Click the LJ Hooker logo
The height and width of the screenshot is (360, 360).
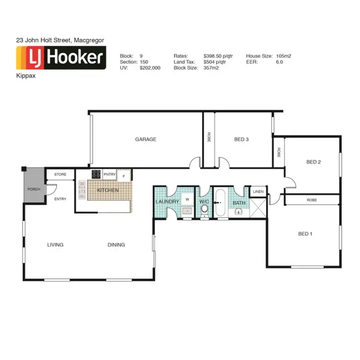(x=61, y=58)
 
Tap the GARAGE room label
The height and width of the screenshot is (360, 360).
(x=145, y=140)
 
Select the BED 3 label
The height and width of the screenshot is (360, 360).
(x=241, y=140)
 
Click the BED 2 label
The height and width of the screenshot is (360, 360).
(x=313, y=162)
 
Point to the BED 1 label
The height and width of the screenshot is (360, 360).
(x=305, y=234)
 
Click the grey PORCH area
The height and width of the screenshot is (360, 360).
(x=34, y=189)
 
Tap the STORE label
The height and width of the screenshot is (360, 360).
(x=60, y=174)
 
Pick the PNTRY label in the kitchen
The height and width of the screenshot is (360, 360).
(x=109, y=174)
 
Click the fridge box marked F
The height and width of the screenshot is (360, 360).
(x=124, y=177)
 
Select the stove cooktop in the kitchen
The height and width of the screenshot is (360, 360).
(x=96, y=174)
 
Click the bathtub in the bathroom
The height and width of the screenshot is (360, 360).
(x=221, y=203)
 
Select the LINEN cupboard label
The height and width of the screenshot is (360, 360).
(x=258, y=192)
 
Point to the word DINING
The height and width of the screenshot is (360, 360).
(x=116, y=245)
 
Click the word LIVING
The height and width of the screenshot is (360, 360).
(x=55, y=245)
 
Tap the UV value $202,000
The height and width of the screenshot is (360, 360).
(x=150, y=68)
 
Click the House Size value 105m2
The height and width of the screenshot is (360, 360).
(x=284, y=56)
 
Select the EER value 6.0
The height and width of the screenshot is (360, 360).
(x=279, y=62)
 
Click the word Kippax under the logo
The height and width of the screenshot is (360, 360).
(x=25, y=75)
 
